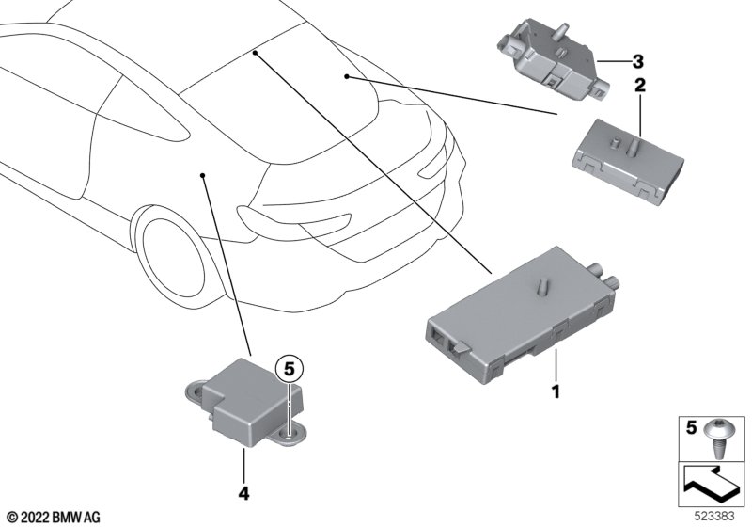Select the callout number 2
(640, 86)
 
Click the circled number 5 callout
(290, 367)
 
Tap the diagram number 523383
(718, 516)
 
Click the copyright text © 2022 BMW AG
(53, 516)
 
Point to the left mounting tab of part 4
(191, 385)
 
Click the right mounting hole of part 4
(290, 433)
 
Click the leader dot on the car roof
(255, 55)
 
